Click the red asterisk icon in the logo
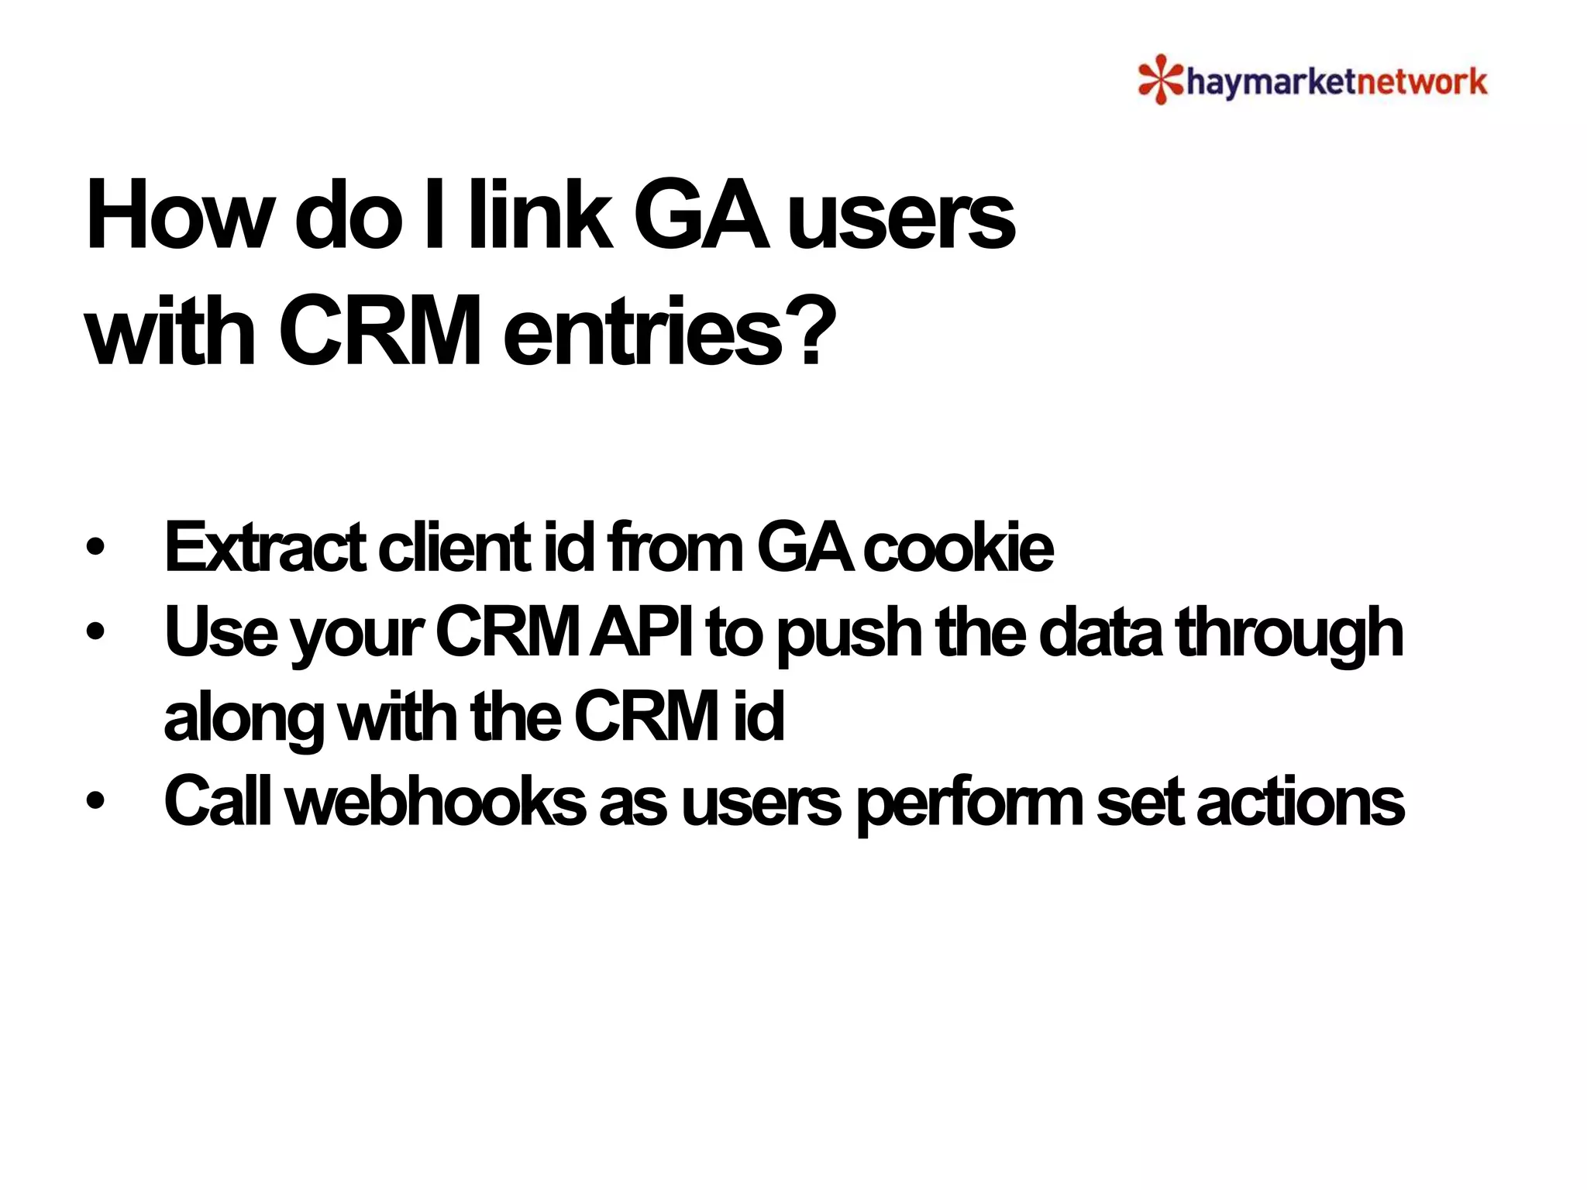pyautogui.click(x=1160, y=80)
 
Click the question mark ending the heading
pyautogui.click(x=813, y=332)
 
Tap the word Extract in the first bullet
pyautogui.click(x=264, y=548)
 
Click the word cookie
pyautogui.click(x=959, y=548)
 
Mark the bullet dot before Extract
pyautogui.click(x=95, y=548)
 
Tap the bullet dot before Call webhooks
pyautogui.click(x=95, y=802)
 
